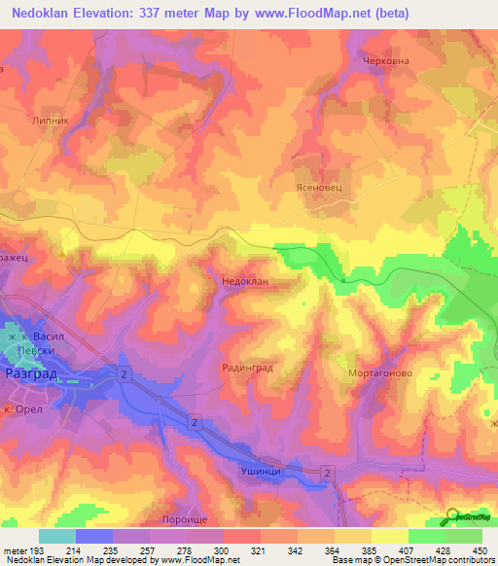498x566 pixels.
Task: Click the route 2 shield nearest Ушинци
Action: click(x=327, y=473)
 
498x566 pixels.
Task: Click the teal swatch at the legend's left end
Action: click(x=57, y=536)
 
